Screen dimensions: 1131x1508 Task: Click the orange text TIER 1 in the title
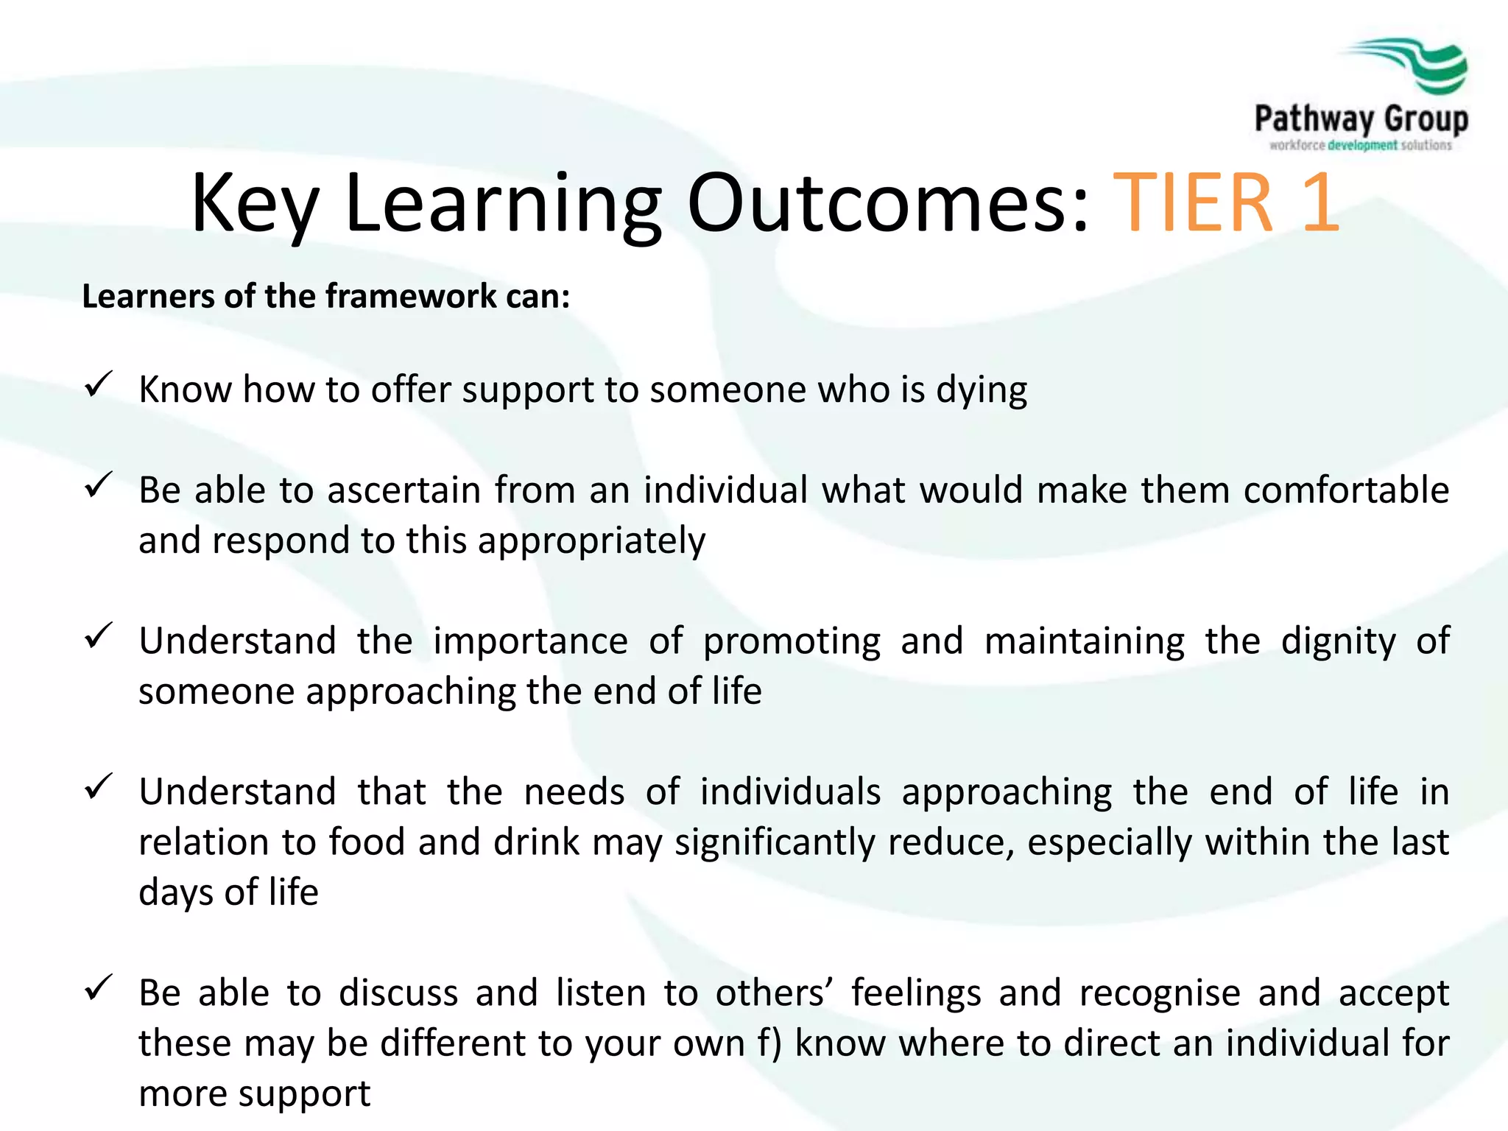[1225, 203]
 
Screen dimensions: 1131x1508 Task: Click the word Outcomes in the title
[887, 203]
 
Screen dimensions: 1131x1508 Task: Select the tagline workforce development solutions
[1361, 145]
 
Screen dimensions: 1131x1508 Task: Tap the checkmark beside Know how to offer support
[98, 384]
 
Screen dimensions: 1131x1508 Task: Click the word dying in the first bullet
[982, 390]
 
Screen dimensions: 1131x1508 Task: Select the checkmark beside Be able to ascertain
[98, 485]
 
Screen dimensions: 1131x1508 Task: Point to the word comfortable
[1346, 490]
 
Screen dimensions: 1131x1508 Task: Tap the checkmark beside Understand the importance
[98, 636]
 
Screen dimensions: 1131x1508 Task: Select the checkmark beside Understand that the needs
[98, 787]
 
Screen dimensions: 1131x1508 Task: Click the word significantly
[775, 843]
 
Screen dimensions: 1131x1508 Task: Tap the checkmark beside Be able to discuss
[98, 988]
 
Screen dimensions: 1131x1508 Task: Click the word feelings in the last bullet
[916, 994]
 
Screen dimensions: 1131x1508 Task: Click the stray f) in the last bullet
[769, 1044]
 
